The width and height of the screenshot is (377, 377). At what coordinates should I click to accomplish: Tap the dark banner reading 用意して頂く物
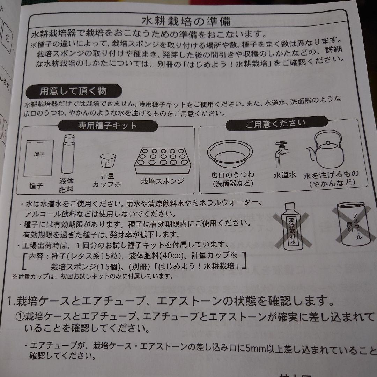[73, 91]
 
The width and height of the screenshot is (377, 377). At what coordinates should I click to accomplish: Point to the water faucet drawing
[281, 154]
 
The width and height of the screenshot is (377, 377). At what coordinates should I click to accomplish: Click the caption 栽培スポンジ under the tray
[162, 182]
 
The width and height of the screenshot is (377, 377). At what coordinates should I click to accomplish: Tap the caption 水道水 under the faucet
[284, 175]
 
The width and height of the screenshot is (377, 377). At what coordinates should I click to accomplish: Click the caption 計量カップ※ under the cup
[106, 181]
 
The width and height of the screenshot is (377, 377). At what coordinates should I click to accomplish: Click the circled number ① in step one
[20, 317]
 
